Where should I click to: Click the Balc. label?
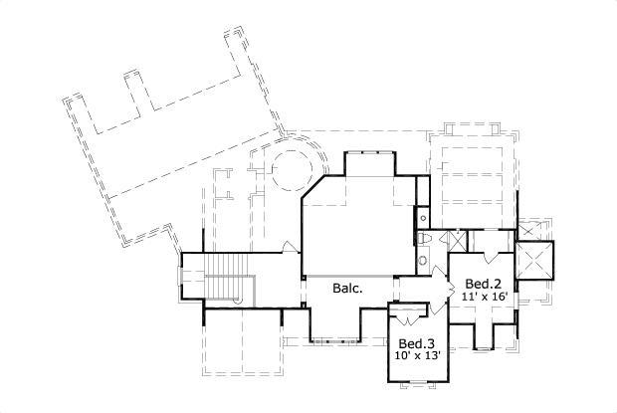346,288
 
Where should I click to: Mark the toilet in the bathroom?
425,240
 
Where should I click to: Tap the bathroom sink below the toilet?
424,261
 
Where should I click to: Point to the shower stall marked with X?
458,240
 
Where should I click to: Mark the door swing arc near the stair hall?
289,247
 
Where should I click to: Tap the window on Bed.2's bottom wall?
483,348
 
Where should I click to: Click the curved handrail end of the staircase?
238,299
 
